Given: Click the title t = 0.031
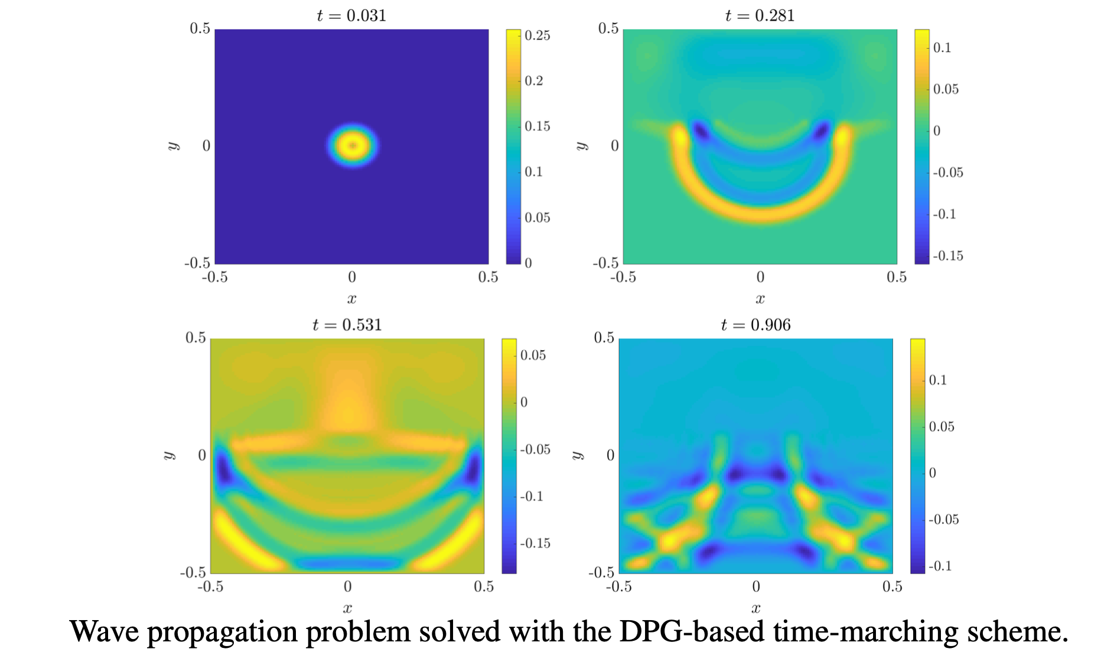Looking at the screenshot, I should (351, 15).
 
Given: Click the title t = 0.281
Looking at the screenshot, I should (760, 15).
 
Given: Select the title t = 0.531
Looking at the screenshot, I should (347, 325).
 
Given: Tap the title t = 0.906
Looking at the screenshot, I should (755, 325).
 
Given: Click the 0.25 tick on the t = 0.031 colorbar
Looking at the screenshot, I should (537, 35).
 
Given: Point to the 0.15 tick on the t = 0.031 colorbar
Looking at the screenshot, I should (537, 126).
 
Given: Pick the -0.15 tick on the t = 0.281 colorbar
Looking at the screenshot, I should (947, 256).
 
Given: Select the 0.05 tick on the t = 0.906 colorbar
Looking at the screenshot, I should (941, 426).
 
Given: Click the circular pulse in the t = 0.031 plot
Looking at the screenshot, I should (353, 145).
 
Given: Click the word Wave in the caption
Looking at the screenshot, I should (105, 632).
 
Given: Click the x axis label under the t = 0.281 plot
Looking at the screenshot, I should (760, 299).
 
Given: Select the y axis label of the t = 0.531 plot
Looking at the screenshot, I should (170, 455).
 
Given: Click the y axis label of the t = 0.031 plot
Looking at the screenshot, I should (174, 146).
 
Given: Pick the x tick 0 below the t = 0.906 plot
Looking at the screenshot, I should (756, 586).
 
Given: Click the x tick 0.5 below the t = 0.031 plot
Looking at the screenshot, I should (488, 277).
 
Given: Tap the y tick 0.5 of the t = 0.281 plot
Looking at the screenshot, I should (608, 28).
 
